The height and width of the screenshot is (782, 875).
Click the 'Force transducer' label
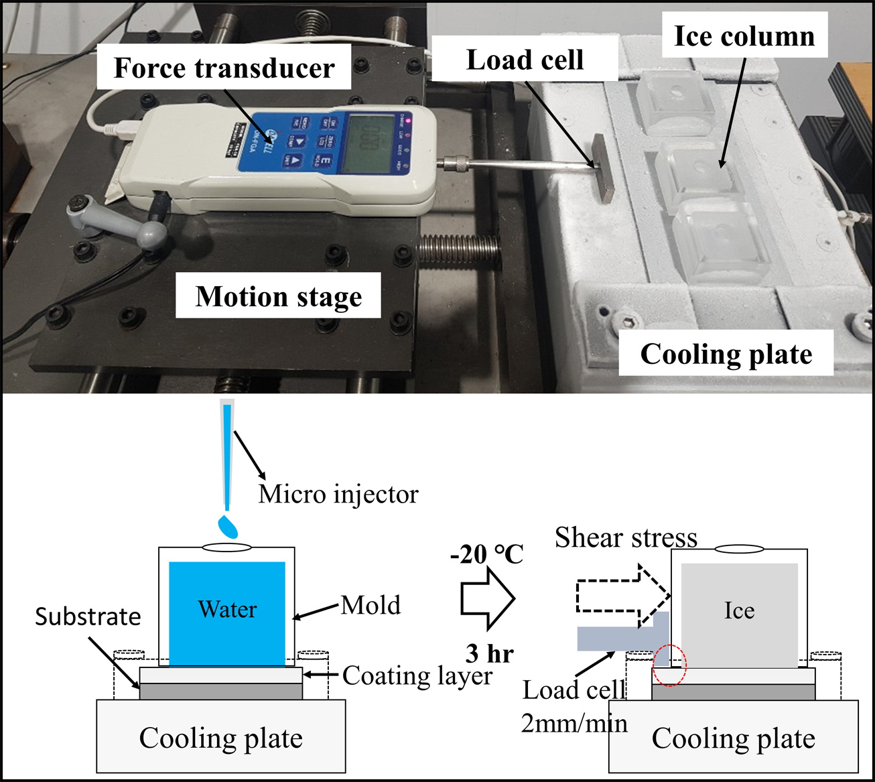(x=224, y=68)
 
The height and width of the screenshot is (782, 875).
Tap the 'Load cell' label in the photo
(x=524, y=60)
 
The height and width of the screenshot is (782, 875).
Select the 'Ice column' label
(x=744, y=36)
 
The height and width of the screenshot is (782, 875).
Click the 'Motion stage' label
(x=278, y=296)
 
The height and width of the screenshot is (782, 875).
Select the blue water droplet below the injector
(x=228, y=526)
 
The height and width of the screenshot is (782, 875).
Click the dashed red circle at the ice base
(x=670, y=664)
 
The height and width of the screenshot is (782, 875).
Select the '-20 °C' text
(x=487, y=554)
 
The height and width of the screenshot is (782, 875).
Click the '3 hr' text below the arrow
(x=489, y=653)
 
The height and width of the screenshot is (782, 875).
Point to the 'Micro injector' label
(x=338, y=495)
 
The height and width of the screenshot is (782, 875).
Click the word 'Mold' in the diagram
(x=371, y=605)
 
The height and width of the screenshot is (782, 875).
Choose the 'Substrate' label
(x=88, y=616)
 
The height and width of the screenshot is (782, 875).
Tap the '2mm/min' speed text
(x=574, y=724)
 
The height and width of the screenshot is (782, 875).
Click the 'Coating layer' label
(x=417, y=675)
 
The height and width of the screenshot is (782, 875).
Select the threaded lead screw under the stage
(x=459, y=252)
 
